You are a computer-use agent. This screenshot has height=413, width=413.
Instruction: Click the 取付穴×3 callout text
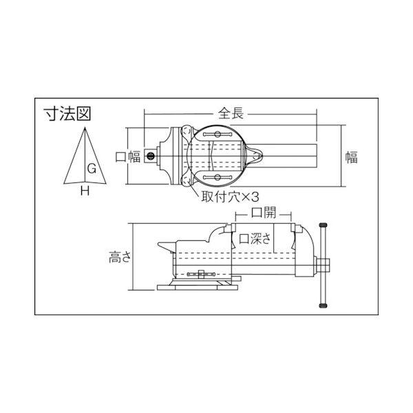(229, 195)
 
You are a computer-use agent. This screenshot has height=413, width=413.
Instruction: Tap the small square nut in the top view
(150, 157)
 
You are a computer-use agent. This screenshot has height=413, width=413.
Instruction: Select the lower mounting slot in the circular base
(218, 178)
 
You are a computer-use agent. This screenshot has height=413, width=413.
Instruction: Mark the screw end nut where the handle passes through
(325, 264)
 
